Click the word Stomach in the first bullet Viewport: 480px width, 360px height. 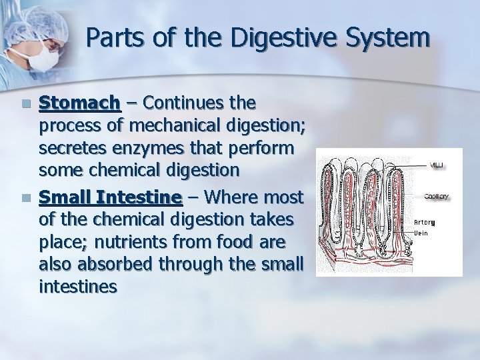pyautogui.click(x=79, y=104)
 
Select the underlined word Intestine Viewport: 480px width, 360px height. pyautogui.click(x=139, y=197)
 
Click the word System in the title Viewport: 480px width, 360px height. pyautogui.click(x=390, y=38)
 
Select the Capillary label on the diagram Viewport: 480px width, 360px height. pyautogui.click(x=437, y=196)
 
